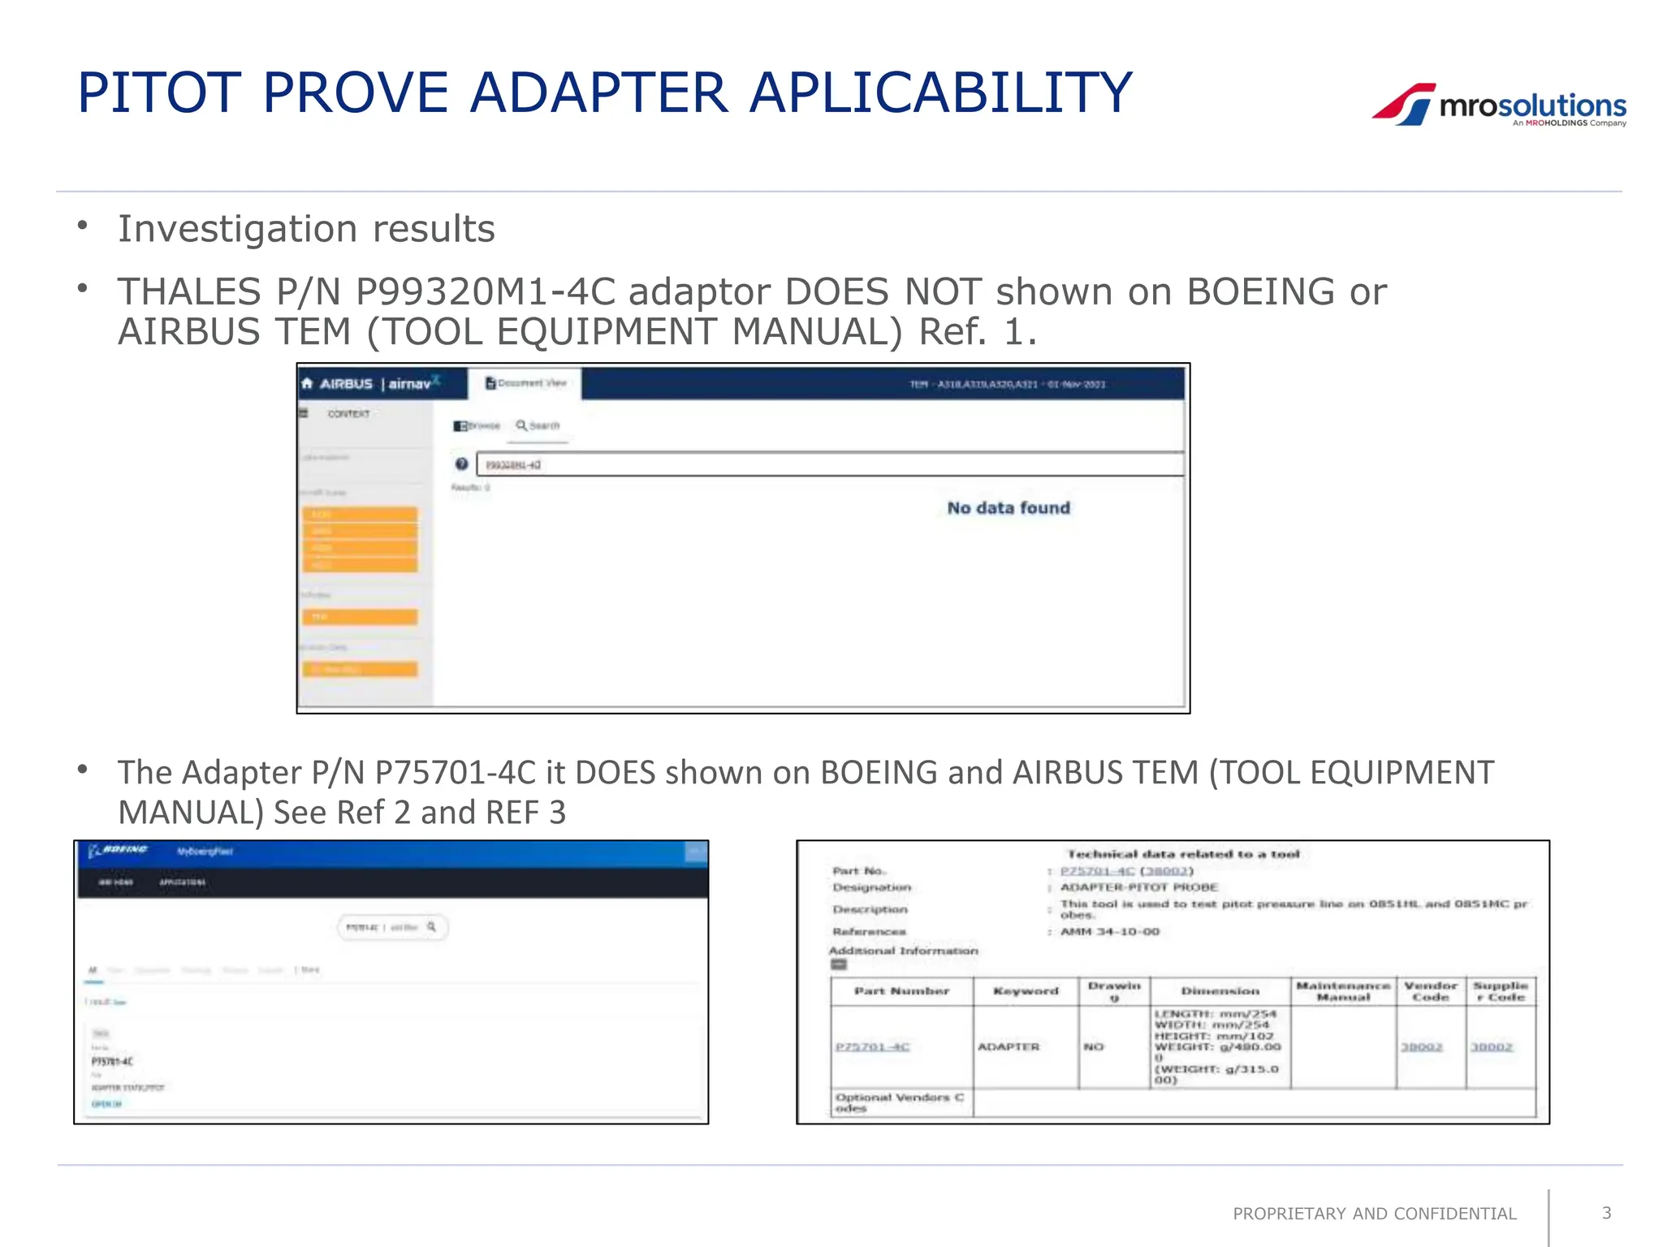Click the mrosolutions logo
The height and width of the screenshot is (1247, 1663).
tap(1499, 106)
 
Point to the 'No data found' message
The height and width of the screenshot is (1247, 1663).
tap(1008, 508)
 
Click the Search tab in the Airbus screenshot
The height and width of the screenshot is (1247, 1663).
tap(538, 425)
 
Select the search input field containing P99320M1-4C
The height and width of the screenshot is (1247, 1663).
tap(828, 464)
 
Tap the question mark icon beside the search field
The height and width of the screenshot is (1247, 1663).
tap(461, 464)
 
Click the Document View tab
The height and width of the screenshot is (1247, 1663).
tap(526, 383)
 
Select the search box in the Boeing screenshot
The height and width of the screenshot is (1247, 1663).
tap(392, 927)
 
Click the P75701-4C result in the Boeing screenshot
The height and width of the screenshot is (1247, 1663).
tap(112, 1061)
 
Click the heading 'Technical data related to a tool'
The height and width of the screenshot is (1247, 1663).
tap(1183, 854)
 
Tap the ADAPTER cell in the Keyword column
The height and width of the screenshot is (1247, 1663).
tap(1009, 1047)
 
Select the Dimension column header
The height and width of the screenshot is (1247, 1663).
tap(1220, 991)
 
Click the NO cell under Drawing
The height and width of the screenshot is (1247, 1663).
tap(1093, 1047)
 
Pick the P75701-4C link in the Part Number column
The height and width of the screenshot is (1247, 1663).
tap(872, 1047)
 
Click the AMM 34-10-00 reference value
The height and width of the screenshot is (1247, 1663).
tap(1110, 932)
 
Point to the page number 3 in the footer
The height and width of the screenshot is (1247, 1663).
tap(1606, 1213)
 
